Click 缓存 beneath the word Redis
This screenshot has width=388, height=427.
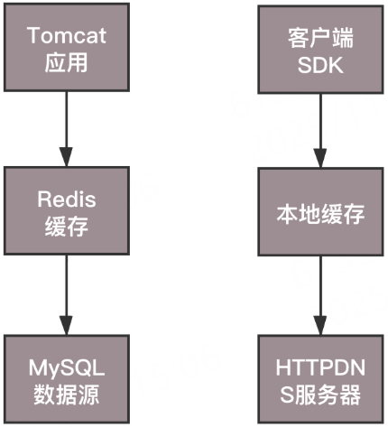(65, 227)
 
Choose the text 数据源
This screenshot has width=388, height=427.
(65, 395)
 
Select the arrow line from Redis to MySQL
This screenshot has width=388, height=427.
(65, 284)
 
